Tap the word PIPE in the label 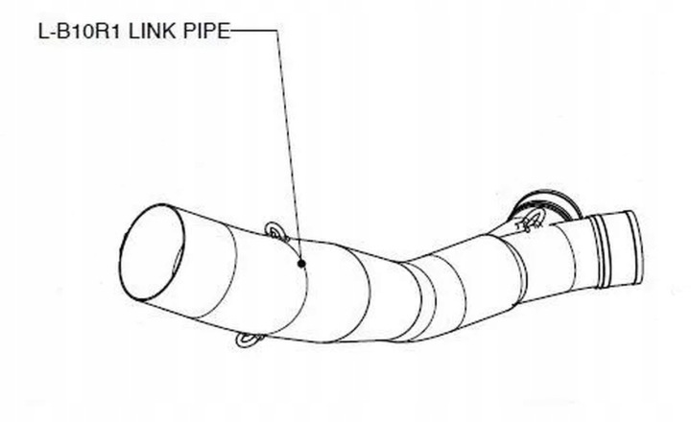point(205,31)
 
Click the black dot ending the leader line point(301,262)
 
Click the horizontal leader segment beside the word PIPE point(254,31)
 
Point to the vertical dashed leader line point(289,144)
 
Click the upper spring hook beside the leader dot point(275,231)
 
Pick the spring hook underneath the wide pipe point(250,340)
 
